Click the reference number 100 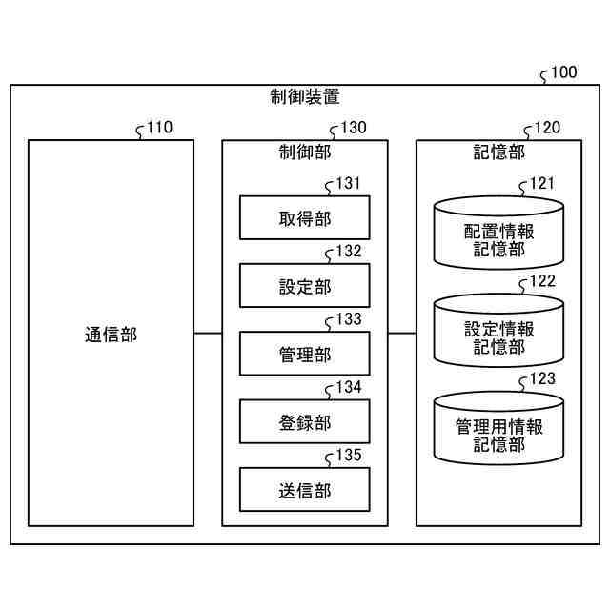[563, 72]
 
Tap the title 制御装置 [305, 96]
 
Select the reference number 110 [159, 128]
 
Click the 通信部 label [111, 335]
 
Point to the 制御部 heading [305, 152]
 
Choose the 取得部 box [305, 217]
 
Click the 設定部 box [305, 286]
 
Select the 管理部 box [305, 354]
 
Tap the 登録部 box [305, 421]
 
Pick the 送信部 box [305, 489]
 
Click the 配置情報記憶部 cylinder [498, 233]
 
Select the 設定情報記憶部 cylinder [498, 331]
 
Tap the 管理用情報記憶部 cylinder [498, 428]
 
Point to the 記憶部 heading [499, 152]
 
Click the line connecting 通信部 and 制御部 [208, 333]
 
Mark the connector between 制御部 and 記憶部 [402, 333]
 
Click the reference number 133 [349, 319]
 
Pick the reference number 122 [542, 281]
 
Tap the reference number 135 [349, 456]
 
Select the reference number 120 [548, 128]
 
